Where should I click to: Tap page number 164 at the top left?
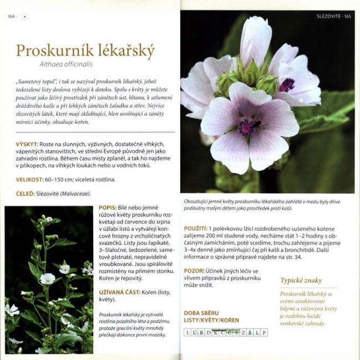pos(11,16)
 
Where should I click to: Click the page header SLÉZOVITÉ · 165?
pos(333,16)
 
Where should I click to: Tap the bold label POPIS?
pos(109,207)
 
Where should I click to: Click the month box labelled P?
pos(264,332)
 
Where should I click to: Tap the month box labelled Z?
pos(243,332)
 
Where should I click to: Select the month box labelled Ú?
pos(195,332)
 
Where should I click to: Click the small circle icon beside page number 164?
pos(24,16)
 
